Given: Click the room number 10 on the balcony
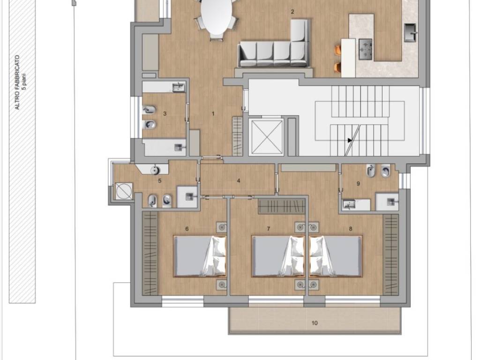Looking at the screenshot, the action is [315, 323].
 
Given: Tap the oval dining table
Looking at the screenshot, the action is [216, 17].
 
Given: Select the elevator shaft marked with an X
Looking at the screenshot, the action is [266, 136].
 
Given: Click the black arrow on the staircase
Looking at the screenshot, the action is [350, 140].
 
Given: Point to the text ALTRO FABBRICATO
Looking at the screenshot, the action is [17, 82].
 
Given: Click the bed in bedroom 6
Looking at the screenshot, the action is [200, 256].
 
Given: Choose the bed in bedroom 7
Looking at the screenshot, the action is [278, 256].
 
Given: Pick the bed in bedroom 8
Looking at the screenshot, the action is [336, 256].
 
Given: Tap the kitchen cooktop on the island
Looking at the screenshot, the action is [365, 49].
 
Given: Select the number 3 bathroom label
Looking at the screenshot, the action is [165, 114].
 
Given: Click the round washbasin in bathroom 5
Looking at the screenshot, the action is [155, 169].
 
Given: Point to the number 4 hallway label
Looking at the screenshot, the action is [239, 180].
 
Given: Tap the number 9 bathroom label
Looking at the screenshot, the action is [358, 184].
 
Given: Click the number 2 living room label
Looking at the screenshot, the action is [292, 12].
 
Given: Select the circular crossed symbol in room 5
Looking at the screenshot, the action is [124, 191].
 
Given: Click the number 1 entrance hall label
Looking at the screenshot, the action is [213, 114].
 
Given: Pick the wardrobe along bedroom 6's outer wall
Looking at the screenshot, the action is [150, 254].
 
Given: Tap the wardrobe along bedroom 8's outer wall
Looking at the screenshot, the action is [391, 255].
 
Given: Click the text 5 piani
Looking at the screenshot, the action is [24, 82].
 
